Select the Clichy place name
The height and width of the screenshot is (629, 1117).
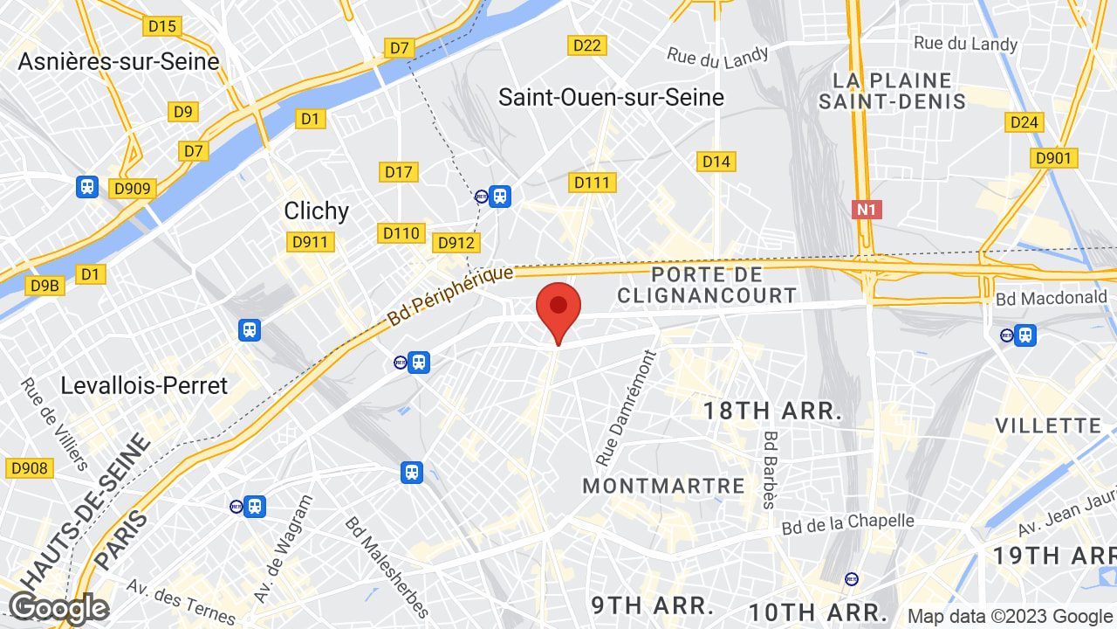(x=316, y=211)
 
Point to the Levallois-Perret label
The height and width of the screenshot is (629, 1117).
(x=144, y=385)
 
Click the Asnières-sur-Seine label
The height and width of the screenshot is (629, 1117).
(x=119, y=61)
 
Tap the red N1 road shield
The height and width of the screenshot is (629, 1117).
(x=867, y=210)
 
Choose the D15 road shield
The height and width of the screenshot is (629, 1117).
(x=162, y=26)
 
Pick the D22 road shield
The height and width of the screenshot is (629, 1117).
(x=587, y=45)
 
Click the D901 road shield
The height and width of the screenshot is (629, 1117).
(x=1054, y=158)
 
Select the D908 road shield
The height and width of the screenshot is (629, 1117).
(x=29, y=468)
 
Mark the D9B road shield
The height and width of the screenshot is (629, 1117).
(x=45, y=285)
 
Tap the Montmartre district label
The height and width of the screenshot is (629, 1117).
(x=663, y=486)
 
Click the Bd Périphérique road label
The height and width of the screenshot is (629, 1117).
(x=450, y=295)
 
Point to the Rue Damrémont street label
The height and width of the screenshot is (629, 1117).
(x=625, y=408)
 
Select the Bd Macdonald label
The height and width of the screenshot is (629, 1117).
(x=1051, y=298)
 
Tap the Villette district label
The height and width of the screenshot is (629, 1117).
(x=1048, y=425)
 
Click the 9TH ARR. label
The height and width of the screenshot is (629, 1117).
(x=653, y=605)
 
